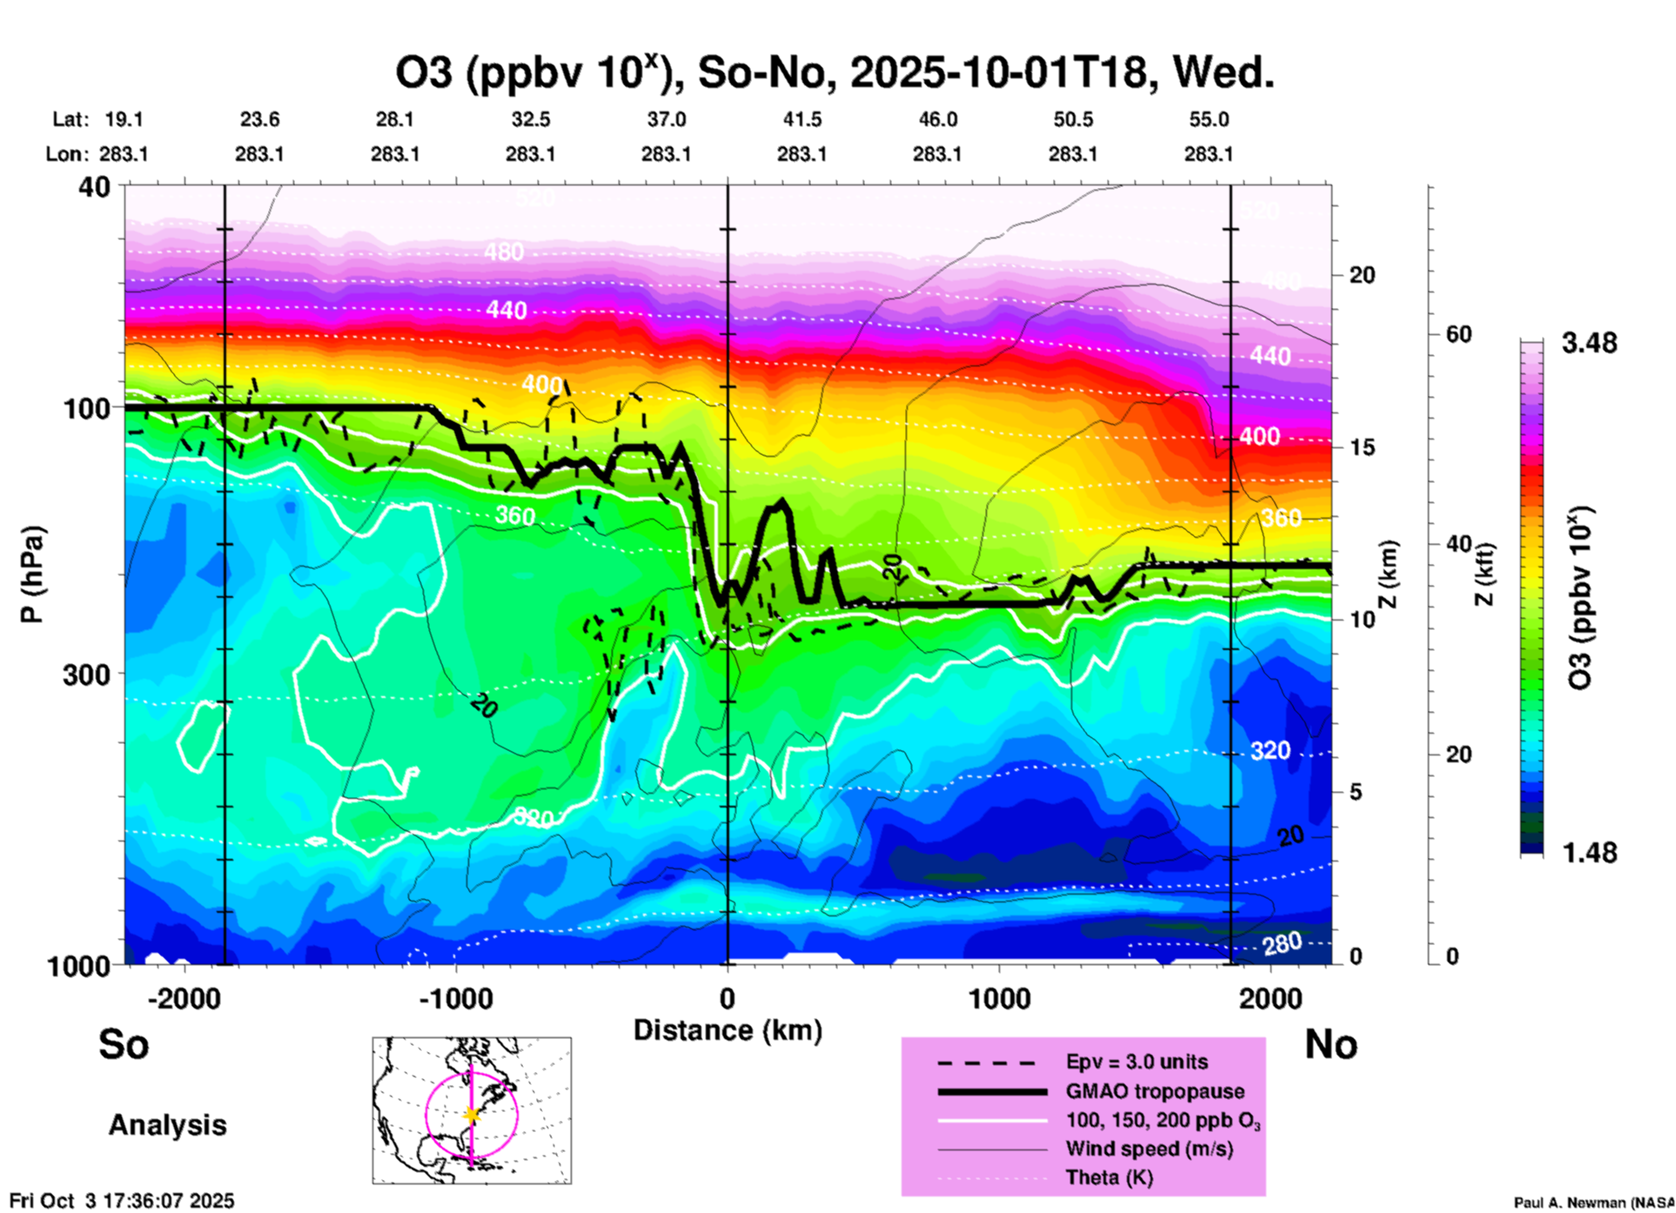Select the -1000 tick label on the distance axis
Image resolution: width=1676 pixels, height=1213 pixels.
(456, 999)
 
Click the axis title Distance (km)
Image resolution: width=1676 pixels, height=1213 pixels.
(727, 1030)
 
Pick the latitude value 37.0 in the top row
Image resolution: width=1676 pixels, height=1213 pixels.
(666, 119)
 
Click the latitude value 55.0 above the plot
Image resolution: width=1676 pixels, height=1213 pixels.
(1209, 119)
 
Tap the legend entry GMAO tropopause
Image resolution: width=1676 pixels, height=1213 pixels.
(1155, 1091)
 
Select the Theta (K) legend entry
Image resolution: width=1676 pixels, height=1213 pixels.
(1109, 1177)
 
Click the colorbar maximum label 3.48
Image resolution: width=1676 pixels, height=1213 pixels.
(1589, 344)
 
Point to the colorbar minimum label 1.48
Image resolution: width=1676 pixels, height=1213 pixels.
(1589, 853)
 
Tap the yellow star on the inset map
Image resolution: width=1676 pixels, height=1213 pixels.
(472, 1115)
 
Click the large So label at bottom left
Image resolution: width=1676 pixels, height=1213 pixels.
(124, 1044)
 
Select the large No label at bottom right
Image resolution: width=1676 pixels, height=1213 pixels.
(1331, 1044)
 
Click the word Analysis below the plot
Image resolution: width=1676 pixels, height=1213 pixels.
(167, 1125)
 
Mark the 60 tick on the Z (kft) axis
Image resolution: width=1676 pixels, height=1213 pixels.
(1458, 334)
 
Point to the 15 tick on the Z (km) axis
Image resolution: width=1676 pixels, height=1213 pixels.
(1362, 447)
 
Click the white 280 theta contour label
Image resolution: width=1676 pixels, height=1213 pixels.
(1282, 942)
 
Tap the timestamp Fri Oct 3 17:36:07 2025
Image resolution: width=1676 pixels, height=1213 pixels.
(122, 1201)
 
